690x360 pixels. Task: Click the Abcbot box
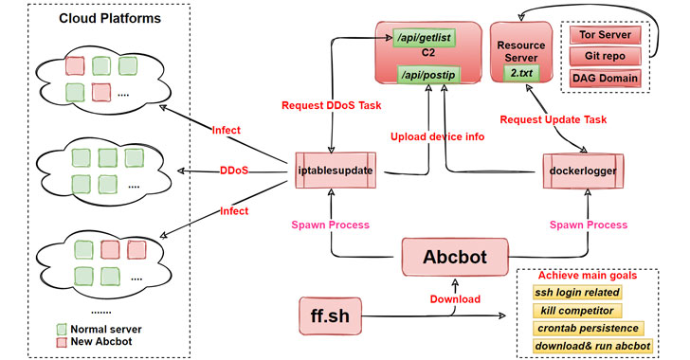(455, 257)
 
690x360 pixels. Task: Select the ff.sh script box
(330, 315)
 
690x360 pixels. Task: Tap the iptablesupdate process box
(336, 171)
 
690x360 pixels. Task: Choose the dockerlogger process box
(583, 171)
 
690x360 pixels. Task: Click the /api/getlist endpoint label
(425, 38)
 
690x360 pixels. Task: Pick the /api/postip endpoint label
(428, 75)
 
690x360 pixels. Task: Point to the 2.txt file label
(521, 73)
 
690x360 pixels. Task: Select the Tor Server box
(605, 35)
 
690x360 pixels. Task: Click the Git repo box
(605, 56)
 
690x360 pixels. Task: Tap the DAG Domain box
(605, 79)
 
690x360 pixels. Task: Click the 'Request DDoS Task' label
(332, 105)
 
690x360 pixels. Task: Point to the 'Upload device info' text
(438, 136)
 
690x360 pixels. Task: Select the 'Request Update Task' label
(554, 119)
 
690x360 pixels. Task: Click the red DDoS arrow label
(234, 171)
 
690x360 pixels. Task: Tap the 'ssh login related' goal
(577, 292)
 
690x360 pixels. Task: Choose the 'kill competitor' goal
(577, 311)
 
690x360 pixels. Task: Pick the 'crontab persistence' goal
(588, 329)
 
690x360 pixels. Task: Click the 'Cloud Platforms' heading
(110, 19)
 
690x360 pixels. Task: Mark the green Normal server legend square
(62, 329)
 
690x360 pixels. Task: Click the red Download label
(455, 299)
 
